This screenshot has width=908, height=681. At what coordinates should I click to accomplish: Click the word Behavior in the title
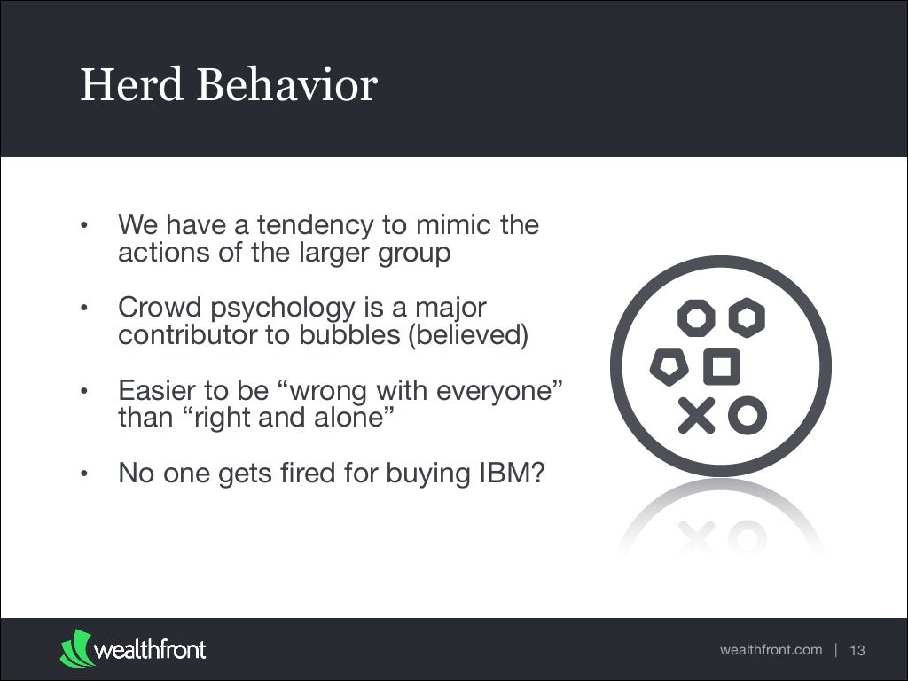click(x=288, y=86)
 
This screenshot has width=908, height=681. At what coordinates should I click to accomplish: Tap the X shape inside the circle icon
click(x=697, y=415)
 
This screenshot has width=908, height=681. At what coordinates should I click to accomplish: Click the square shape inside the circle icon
click(x=722, y=366)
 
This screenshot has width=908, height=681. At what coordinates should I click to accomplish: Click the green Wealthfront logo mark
click(x=75, y=648)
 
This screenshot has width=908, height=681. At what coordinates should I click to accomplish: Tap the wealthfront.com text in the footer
click(x=771, y=650)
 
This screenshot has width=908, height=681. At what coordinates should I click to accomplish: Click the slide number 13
click(x=857, y=651)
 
